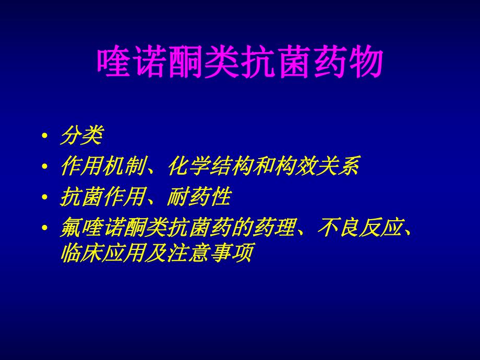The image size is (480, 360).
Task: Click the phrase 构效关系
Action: point(321,167)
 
